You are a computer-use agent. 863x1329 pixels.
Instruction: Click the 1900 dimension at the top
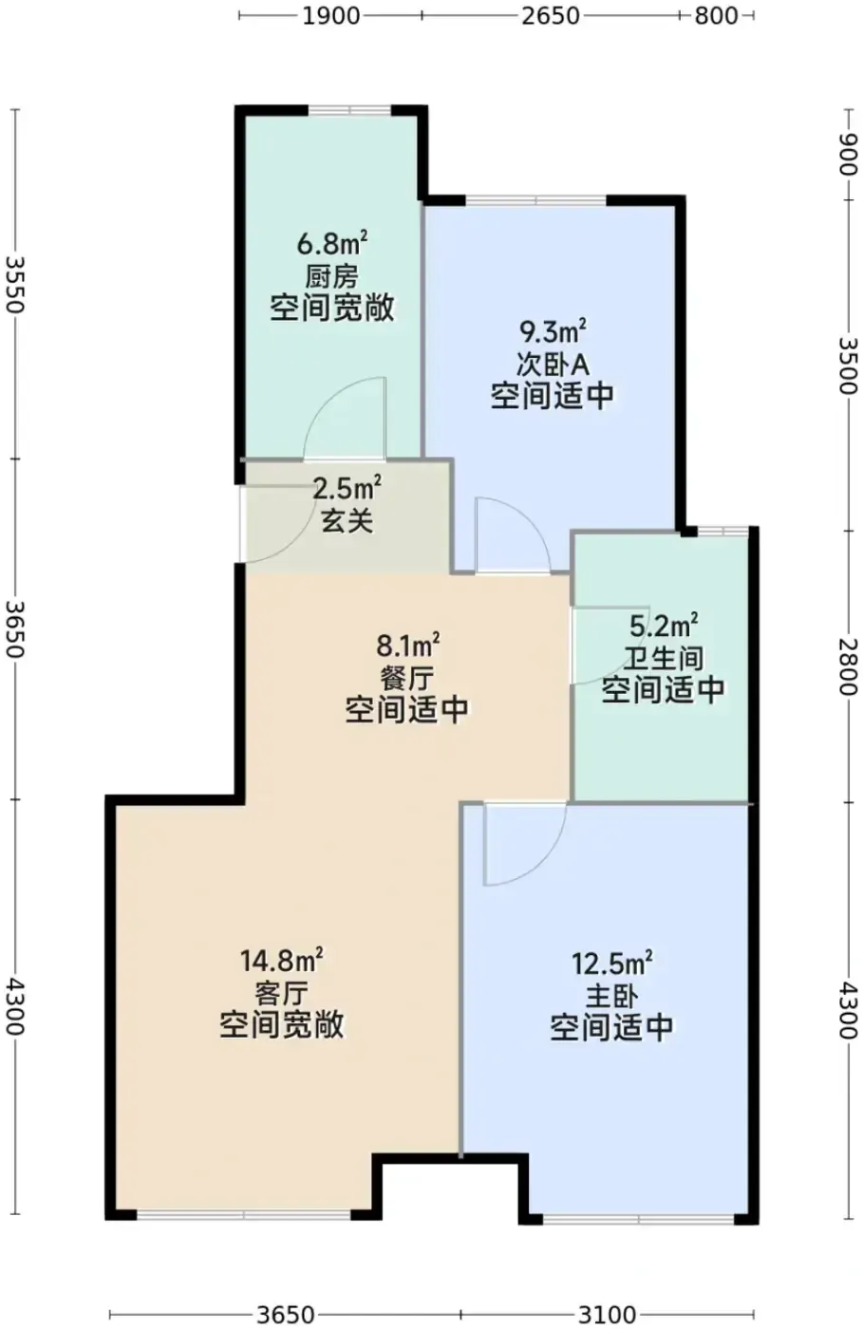pos(331,16)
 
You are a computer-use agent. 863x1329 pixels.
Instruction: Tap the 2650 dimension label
pos(551,16)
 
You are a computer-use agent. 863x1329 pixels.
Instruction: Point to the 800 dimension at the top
pos(716,16)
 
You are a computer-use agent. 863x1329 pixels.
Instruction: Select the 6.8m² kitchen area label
pos(331,243)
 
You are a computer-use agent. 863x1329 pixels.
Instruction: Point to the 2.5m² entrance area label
pos(347,489)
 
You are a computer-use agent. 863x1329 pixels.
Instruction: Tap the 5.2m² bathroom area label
pos(664,626)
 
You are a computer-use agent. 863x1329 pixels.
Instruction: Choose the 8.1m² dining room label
pos(407,646)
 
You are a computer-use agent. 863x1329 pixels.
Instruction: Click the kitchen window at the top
pos(349,110)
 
